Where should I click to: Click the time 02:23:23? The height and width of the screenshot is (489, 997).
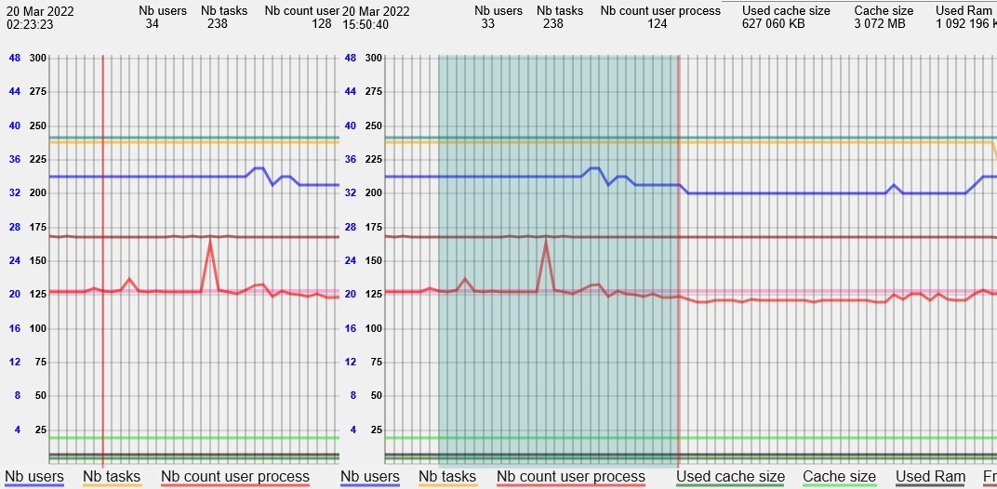[30, 24]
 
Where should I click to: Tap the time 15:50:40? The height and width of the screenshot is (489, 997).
[366, 24]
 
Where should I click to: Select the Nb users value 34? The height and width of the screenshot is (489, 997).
[152, 24]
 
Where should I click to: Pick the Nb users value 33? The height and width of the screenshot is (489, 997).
[487, 24]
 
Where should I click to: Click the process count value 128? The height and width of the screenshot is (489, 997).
[321, 24]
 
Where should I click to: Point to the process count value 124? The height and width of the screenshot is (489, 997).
[658, 24]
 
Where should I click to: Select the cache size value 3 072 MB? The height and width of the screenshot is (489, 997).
[879, 24]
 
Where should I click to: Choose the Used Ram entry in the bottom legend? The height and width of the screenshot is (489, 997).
[930, 477]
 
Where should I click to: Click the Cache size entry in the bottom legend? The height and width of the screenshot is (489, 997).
[839, 477]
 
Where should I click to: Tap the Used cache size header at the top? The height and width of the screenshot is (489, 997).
[786, 11]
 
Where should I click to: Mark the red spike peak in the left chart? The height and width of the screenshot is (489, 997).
[210, 242]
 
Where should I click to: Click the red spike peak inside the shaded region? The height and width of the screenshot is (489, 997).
[546, 241]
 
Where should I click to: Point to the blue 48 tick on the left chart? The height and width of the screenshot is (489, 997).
[13, 58]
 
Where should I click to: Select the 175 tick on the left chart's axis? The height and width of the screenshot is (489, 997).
[37, 227]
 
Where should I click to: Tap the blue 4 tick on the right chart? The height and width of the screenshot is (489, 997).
[352, 430]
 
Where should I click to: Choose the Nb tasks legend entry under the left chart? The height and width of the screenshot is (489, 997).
[112, 477]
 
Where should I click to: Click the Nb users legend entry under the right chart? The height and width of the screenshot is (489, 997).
[370, 477]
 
